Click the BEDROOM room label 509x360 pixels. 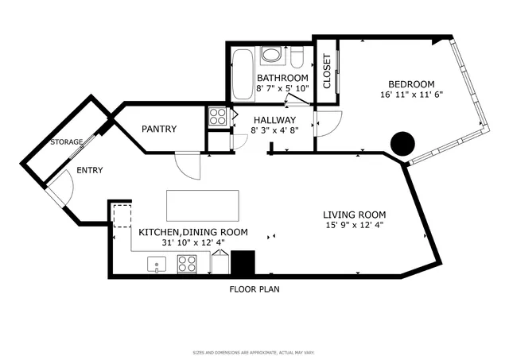411,84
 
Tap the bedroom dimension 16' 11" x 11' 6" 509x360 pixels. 411,95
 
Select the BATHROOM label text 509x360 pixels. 282,78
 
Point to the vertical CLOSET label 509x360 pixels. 327,72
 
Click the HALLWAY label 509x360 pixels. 274,119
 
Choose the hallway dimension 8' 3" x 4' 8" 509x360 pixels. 274,130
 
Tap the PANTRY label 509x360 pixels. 159,129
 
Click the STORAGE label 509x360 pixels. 67,142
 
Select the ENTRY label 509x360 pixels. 89,170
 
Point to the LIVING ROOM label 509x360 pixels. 354,215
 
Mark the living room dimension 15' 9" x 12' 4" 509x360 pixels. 354,226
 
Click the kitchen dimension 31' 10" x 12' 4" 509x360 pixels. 193,243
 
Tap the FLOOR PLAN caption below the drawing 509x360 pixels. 254,289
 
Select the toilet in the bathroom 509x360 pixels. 297,59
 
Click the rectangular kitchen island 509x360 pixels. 202,205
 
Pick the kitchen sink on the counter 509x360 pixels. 157,264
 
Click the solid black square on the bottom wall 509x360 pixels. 243,263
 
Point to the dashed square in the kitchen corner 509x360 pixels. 122,216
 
